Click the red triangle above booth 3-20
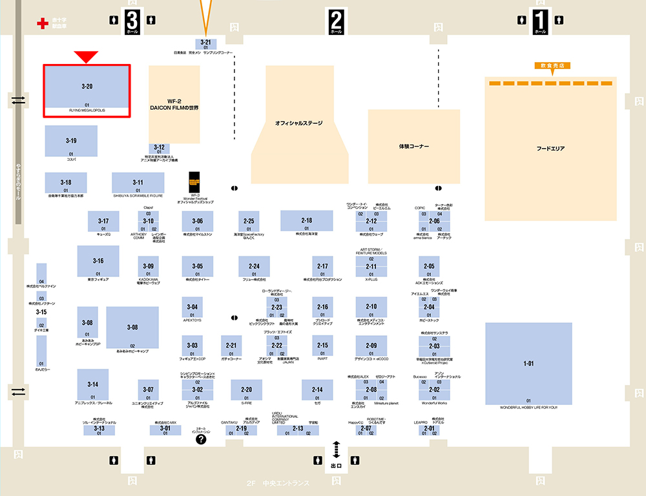[86, 57]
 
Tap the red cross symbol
[43, 24]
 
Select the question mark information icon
[201, 439]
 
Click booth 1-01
[528, 364]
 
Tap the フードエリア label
[550, 149]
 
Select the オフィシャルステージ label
[298, 123]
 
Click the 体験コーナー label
[414, 147]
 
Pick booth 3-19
[71, 141]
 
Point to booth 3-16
[98, 261]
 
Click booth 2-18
[306, 221]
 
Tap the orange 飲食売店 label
[550, 65]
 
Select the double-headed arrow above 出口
[336, 449]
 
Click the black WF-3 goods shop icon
[195, 181]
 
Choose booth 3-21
[205, 43]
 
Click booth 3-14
[92, 385]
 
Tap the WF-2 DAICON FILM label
[174, 105]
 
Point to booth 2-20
[246, 390]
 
